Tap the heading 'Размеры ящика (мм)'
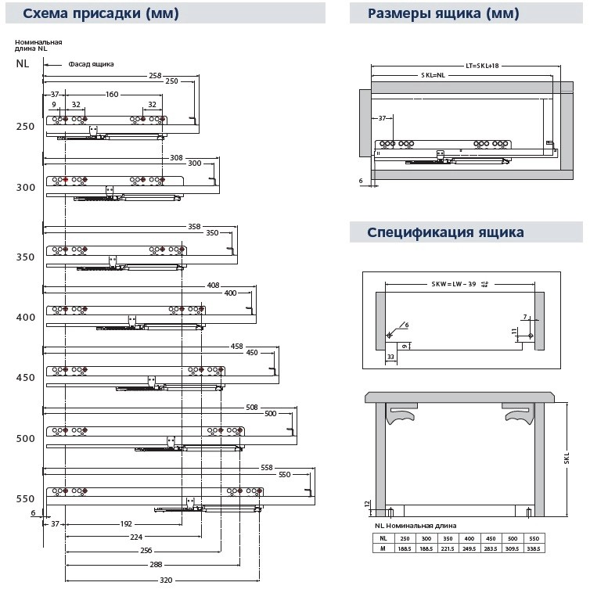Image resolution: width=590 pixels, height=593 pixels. [443, 13]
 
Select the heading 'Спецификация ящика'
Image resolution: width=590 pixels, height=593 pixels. [445, 232]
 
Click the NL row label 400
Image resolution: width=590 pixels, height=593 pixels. [26, 318]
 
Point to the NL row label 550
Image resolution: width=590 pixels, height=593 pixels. [26, 498]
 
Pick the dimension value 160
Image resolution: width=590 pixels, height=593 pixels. [111, 94]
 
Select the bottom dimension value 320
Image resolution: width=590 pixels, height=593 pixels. [166, 580]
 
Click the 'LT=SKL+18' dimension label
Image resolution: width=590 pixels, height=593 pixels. [482, 66]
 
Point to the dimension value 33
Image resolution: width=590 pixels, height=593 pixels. [389, 356]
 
